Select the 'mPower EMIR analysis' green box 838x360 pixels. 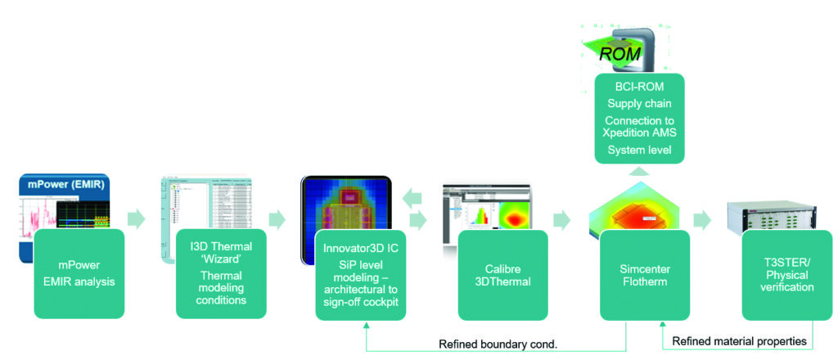[79, 274]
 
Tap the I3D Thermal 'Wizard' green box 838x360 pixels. [221, 274]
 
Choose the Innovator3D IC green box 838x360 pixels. [363, 274]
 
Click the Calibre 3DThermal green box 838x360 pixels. [503, 274]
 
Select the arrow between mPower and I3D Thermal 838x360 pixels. [137, 219]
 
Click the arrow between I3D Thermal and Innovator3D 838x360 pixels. [277, 219]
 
